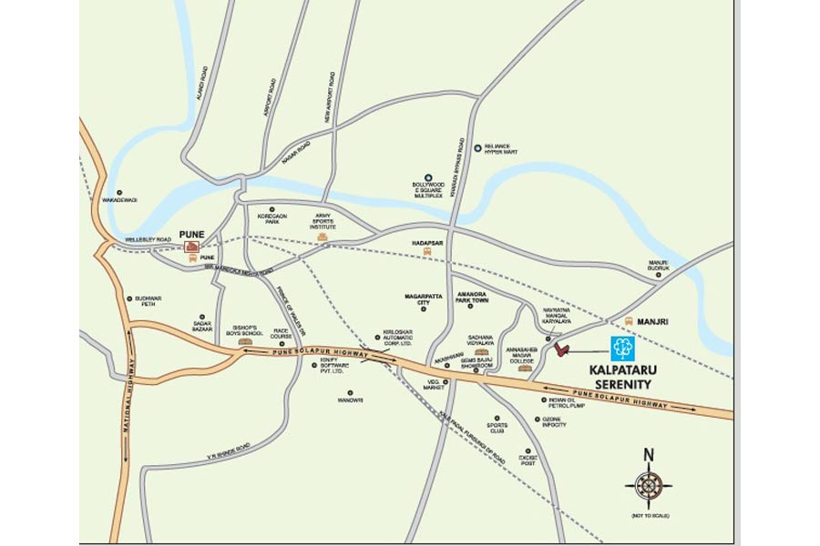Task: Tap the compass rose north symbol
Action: coord(649,485)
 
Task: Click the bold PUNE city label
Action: coord(191,234)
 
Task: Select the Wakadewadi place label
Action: coord(119,199)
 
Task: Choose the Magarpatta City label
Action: coord(423,300)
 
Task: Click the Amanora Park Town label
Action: coord(474,300)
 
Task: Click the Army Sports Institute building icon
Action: coord(323,237)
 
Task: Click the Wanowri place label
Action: coord(351,399)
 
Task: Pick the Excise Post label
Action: coord(528,460)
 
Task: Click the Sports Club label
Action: coord(497,427)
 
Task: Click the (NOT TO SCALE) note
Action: coord(650,516)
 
